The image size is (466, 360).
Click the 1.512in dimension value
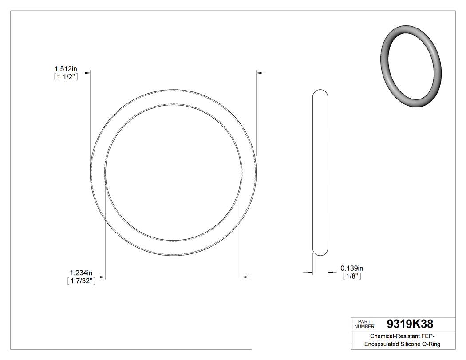[66, 69]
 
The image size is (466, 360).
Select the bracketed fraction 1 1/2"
[66, 77]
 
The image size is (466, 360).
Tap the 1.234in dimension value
[81, 273]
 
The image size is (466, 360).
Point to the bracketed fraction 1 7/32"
[81, 281]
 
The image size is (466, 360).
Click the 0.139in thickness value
[352, 268]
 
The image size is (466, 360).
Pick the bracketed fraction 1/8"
[352, 276]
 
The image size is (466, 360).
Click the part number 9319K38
[410, 324]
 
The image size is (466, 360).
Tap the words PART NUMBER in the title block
[365, 324]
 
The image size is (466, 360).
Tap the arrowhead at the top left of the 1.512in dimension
[87, 72]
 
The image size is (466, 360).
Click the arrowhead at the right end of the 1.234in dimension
[244, 277]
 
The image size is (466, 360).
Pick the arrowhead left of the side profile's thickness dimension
[310, 273]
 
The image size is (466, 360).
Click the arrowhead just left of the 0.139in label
[331, 273]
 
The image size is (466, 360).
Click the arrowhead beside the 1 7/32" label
[103, 277]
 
